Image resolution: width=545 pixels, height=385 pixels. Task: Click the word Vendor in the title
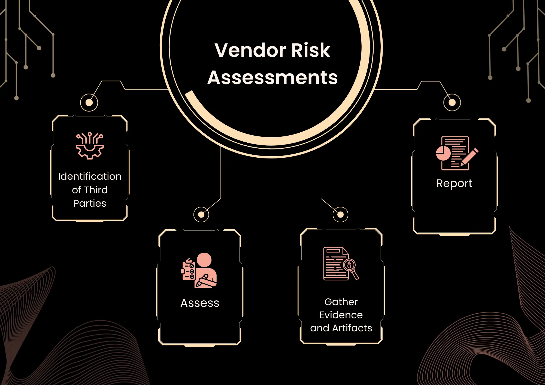tap(250, 50)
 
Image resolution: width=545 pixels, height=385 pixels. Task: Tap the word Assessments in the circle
tap(272, 78)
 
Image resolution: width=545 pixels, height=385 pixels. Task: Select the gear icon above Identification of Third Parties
tap(90, 146)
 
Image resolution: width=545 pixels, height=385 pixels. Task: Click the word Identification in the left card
tap(90, 176)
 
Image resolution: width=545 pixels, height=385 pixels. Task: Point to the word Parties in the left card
tap(90, 203)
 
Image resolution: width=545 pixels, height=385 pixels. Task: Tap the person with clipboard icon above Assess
tap(199, 270)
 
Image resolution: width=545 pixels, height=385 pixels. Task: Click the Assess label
tap(200, 303)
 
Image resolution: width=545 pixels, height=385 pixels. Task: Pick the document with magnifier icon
tap(341, 264)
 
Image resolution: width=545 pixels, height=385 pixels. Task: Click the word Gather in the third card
tap(341, 302)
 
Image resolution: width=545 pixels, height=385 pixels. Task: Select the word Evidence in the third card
tap(341, 315)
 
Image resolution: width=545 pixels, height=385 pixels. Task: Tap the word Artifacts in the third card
tap(352, 328)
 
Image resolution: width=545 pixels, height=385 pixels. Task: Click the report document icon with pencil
tap(457, 153)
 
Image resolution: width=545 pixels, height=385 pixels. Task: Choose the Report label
tap(454, 184)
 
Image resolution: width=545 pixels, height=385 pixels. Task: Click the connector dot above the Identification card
tap(89, 103)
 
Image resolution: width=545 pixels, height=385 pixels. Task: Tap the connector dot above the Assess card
tap(201, 215)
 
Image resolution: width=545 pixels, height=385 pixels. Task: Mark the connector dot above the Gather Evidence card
tap(340, 215)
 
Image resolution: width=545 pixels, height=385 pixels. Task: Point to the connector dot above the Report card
tap(452, 102)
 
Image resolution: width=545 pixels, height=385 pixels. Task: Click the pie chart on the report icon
tap(443, 153)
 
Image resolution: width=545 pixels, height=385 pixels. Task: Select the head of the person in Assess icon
tap(204, 260)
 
